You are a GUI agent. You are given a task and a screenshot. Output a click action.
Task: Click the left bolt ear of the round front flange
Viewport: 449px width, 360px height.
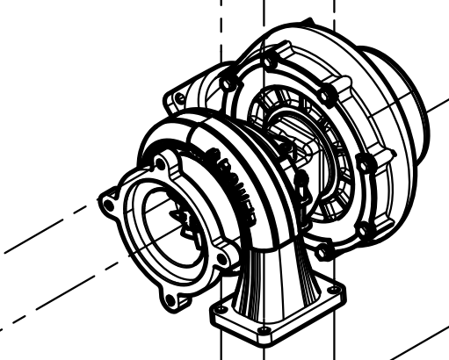110,204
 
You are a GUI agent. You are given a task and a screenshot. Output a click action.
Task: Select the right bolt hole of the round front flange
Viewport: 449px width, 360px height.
225,261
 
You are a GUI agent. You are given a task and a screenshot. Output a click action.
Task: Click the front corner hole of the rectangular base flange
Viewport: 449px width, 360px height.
261,333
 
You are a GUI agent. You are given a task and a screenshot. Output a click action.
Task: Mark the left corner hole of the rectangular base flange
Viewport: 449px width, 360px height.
217,311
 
